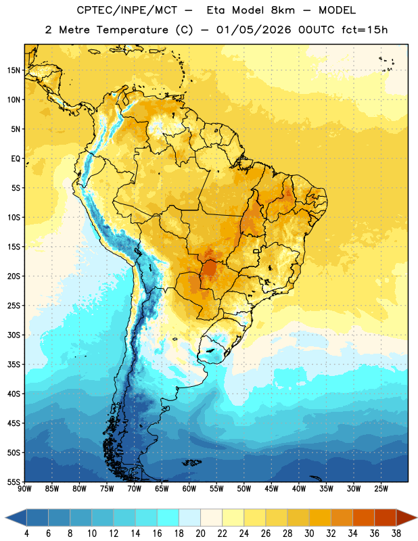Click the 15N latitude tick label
click(14, 70)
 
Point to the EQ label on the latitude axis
click(16, 159)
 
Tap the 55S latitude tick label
click(14, 481)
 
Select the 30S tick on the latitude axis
click(14, 335)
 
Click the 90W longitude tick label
click(24, 489)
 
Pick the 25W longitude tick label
click(381, 489)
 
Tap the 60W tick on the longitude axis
click(189, 489)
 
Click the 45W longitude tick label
click(271, 489)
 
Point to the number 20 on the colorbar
click(200, 534)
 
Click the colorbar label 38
click(396, 534)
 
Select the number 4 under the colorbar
click(26, 534)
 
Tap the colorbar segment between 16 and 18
click(168, 517)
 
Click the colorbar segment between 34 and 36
click(363, 517)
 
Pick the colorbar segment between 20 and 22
click(211, 517)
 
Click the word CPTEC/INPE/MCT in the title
click(127, 10)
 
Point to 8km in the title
click(283, 10)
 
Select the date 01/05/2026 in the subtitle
click(254, 30)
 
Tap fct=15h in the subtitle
click(365, 30)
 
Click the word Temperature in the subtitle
click(132, 30)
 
